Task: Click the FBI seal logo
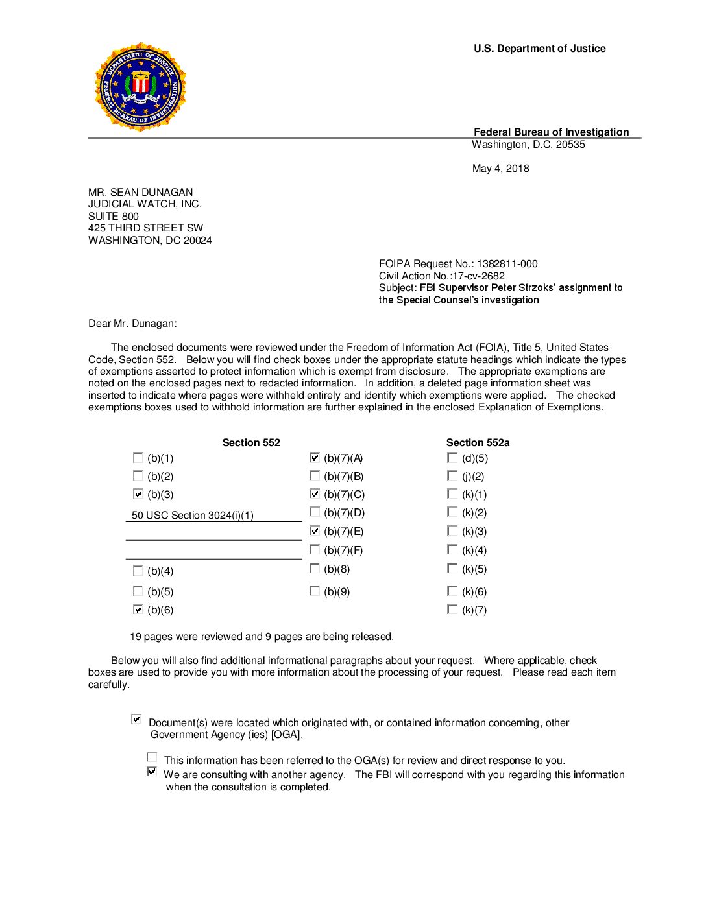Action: (140, 87)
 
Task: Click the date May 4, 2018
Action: (500, 169)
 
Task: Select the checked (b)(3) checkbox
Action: (138, 494)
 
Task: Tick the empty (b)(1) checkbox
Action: (138, 458)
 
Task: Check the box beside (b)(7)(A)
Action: (315, 458)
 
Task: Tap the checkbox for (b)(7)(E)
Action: (315, 531)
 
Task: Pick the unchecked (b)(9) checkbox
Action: (315, 591)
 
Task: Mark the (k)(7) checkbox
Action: (452, 610)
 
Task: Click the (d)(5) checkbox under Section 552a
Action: (452, 458)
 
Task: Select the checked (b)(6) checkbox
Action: (138, 610)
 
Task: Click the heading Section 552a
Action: (478, 443)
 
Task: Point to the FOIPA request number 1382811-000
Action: (507, 264)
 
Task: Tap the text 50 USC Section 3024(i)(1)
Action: (193, 516)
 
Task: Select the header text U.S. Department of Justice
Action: (539, 49)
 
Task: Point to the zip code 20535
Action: (570, 145)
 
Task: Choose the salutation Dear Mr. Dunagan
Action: (132, 324)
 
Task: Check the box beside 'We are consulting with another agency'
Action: (152, 772)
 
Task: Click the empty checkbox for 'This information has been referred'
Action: (152, 757)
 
